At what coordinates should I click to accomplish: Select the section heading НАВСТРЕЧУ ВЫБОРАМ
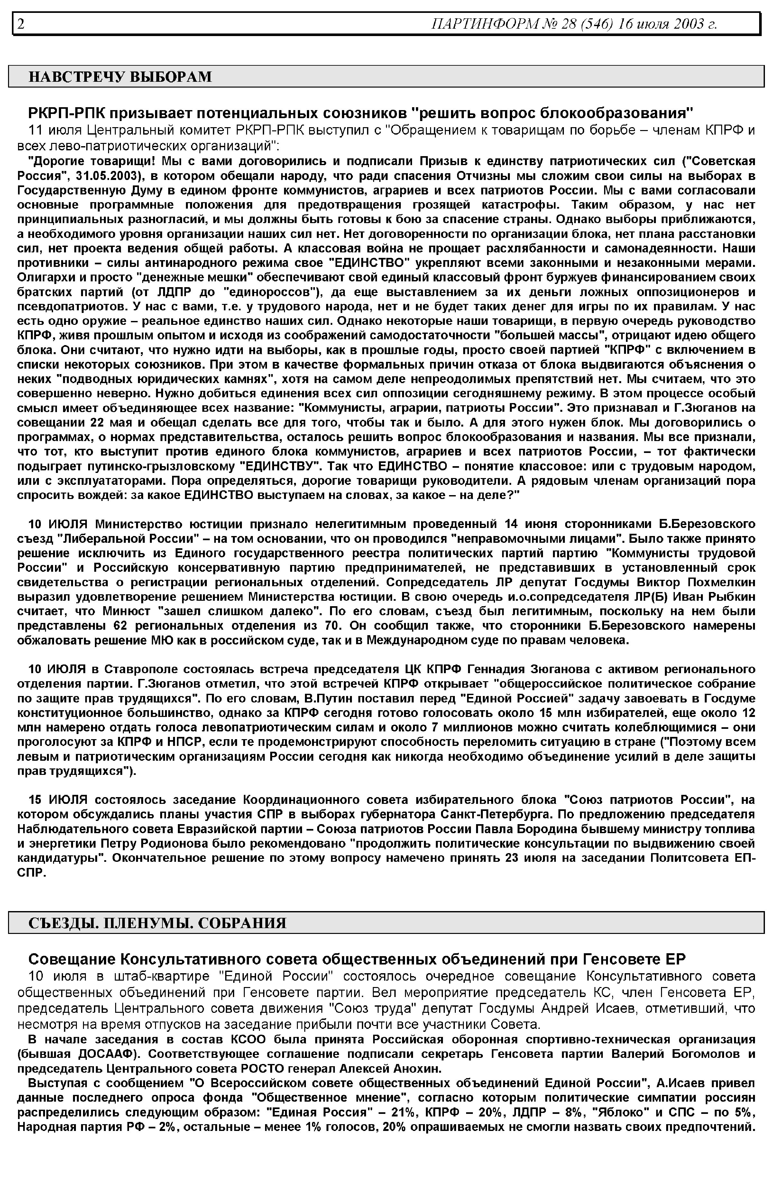tap(120, 77)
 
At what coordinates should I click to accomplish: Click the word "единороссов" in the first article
tap(271, 293)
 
